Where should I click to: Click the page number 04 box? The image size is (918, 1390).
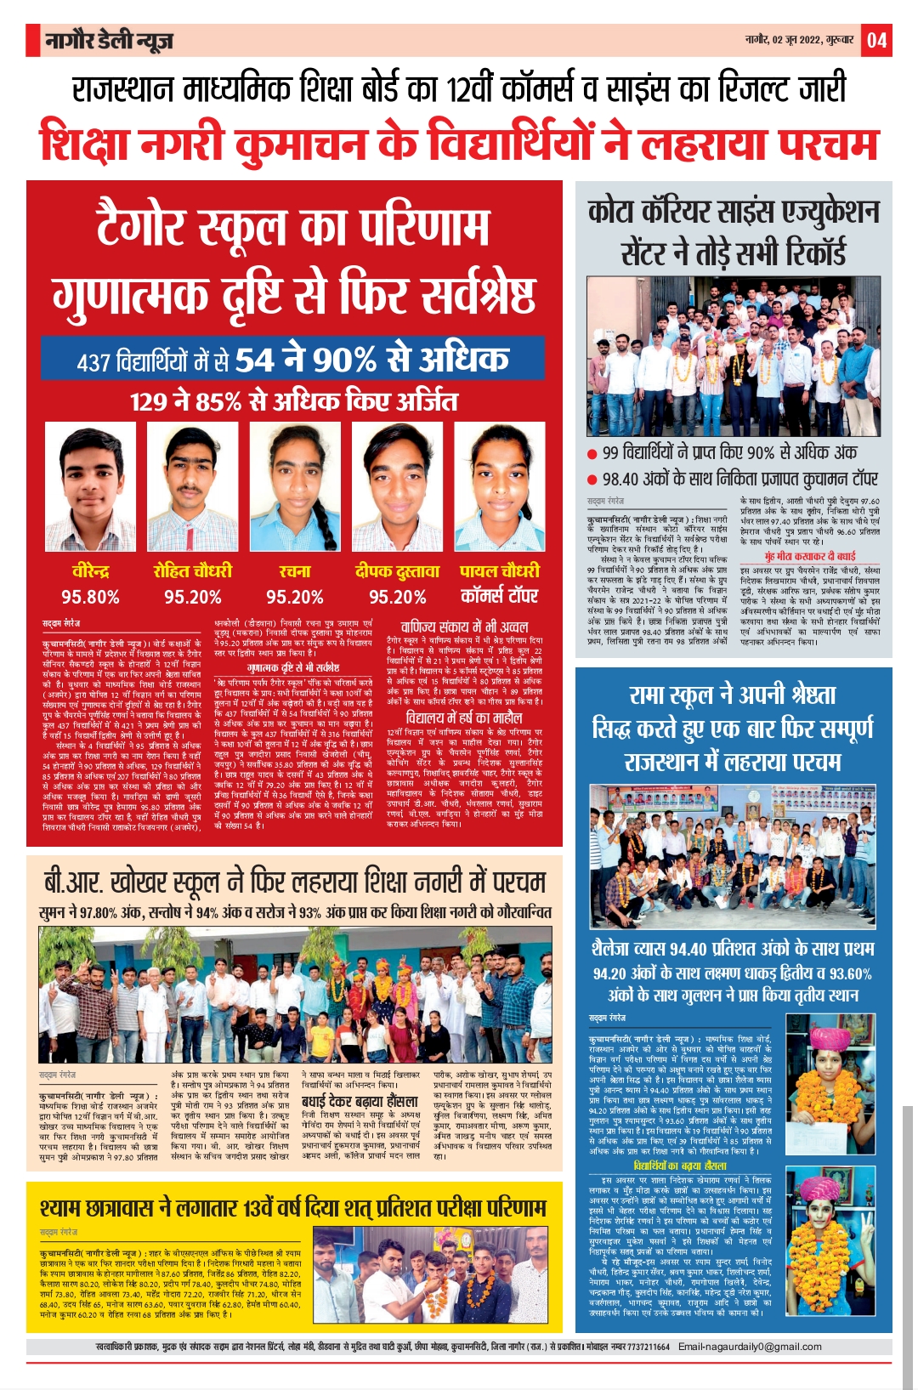pyautogui.click(x=876, y=40)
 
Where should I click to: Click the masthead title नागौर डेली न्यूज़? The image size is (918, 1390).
pyautogui.click(x=110, y=40)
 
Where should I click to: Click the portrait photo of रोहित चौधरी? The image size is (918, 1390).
pyautogui.click(x=192, y=489)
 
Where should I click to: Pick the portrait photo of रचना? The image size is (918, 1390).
pyautogui.click(x=294, y=489)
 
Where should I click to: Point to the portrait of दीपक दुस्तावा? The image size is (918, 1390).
pyautogui.click(x=397, y=489)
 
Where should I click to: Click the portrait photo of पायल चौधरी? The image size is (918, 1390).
pyautogui.click(x=499, y=489)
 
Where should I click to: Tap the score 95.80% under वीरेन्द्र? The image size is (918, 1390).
pyautogui.click(x=90, y=597)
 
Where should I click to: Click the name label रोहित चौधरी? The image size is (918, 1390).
pyautogui.click(x=192, y=571)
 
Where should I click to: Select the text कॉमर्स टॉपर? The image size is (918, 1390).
pyautogui.click(x=499, y=595)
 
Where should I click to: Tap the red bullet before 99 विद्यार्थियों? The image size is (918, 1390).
pyautogui.click(x=592, y=454)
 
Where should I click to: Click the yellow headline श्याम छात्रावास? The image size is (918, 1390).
pyautogui.click(x=294, y=1208)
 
